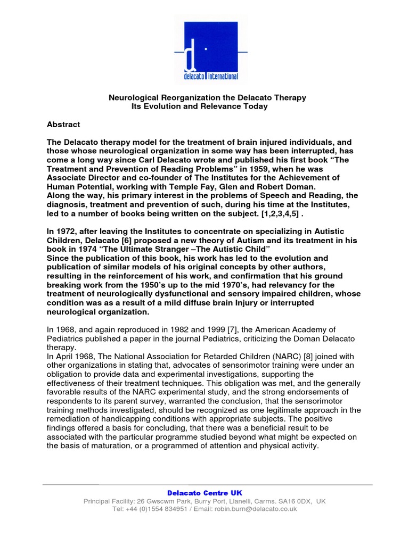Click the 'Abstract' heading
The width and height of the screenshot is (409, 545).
(x=63, y=125)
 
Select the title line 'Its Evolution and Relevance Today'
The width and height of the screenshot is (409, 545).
(x=199, y=106)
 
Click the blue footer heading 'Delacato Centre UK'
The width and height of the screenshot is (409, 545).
(x=205, y=493)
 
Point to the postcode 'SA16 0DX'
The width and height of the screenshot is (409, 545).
(x=292, y=501)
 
